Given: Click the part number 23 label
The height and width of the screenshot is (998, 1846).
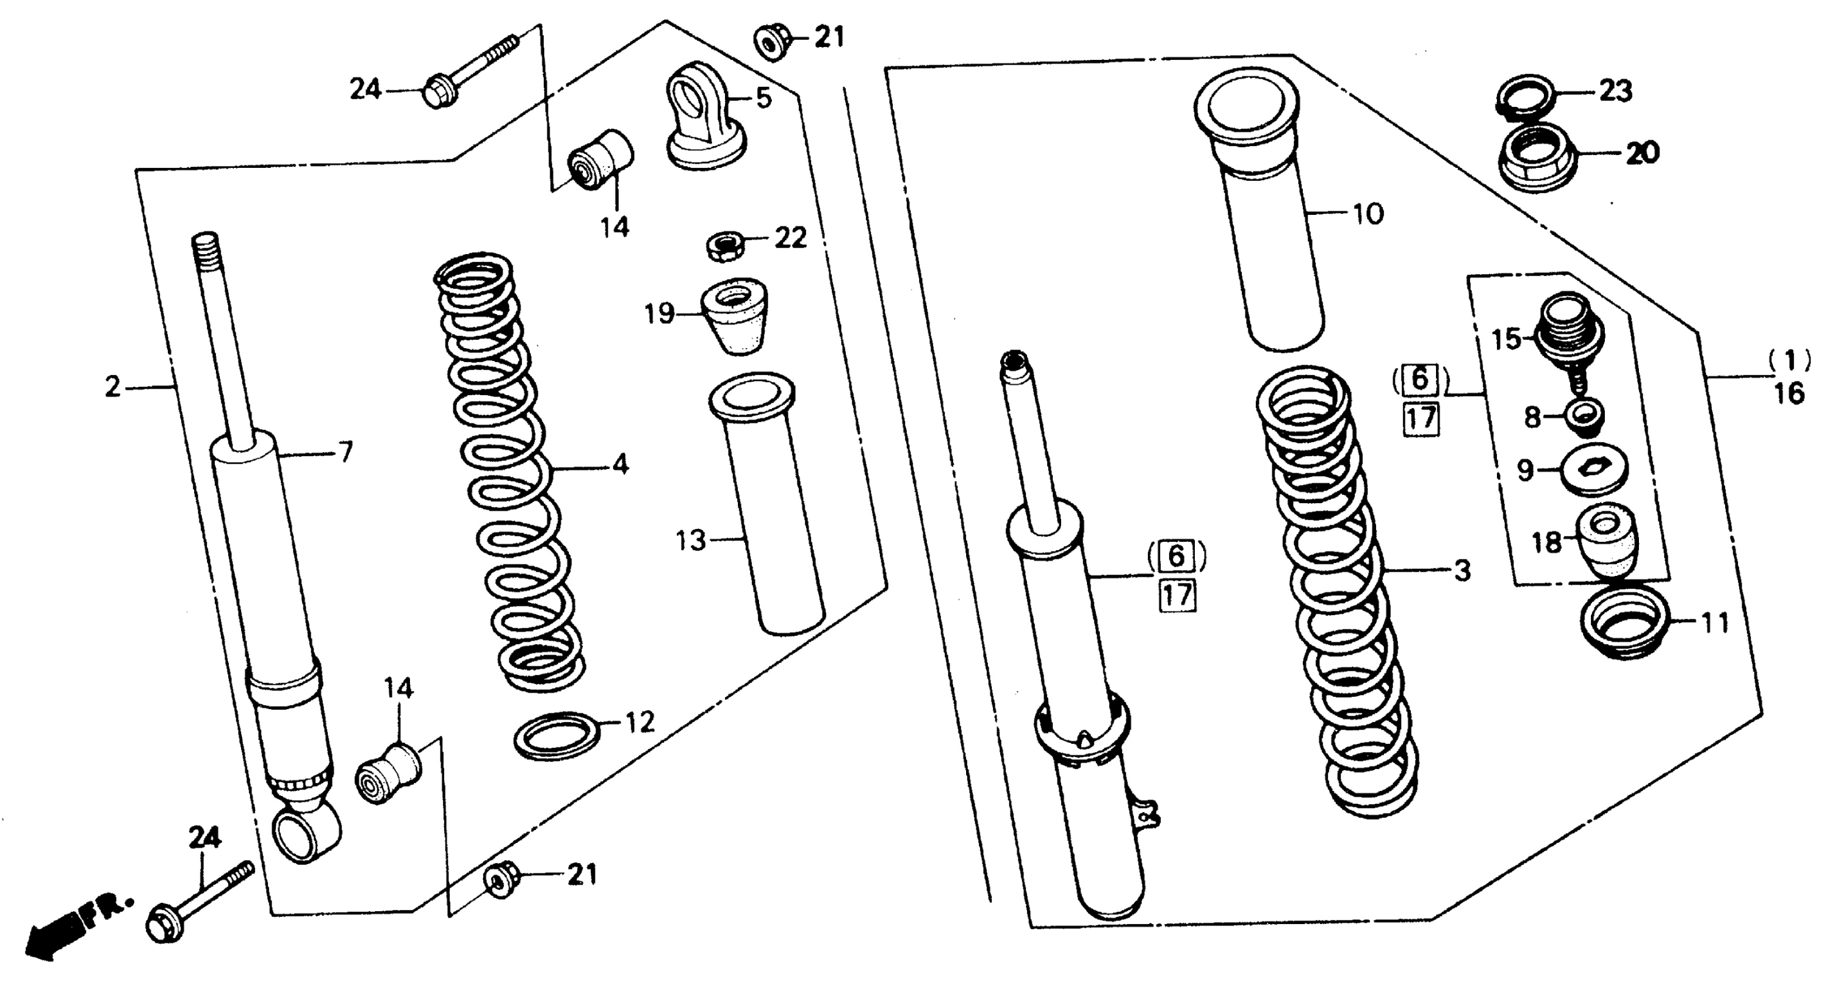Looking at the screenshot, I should coord(1616,91).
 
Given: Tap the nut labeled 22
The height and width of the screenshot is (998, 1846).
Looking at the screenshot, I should coord(724,246).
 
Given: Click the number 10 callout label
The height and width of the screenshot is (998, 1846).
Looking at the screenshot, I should coord(1367,214).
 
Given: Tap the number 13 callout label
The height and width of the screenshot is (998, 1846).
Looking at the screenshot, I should coord(691,541).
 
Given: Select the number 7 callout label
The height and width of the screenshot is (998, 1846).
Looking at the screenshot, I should coord(346,453).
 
